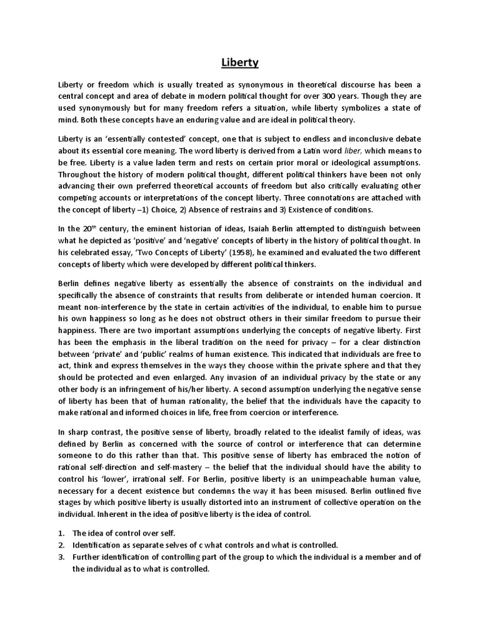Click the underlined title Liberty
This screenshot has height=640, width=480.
coord(240,62)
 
